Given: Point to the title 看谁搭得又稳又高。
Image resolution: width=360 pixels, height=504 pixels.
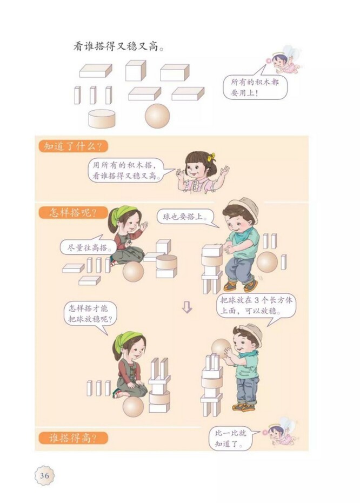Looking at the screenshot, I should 118,46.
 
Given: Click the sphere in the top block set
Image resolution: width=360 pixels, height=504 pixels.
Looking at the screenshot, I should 157,116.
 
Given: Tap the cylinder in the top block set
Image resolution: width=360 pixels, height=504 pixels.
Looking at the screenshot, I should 102,118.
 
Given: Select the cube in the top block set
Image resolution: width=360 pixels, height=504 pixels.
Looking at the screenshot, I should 135,71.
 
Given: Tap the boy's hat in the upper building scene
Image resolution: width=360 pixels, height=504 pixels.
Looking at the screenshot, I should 242,206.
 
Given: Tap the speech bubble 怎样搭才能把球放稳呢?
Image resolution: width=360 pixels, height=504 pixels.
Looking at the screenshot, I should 90,314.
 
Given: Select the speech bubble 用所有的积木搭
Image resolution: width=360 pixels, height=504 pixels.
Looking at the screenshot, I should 128,170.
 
